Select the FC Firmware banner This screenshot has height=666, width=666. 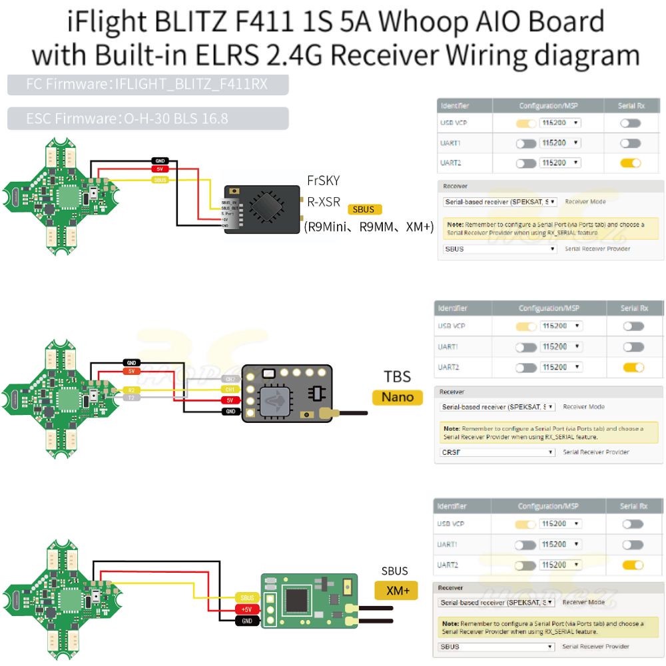point(148,85)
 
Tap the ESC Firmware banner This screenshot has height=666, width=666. point(148,119)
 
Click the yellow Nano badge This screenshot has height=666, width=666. point(397,398)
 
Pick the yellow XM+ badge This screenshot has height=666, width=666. point(397,590)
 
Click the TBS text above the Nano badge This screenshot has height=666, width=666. point(397,376)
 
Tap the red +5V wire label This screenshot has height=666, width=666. point(246,609)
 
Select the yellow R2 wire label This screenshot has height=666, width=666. point(132,389)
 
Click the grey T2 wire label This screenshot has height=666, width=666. point(132,397)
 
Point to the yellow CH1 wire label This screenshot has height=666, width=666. point(229,389)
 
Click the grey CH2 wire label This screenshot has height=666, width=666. point(229,378)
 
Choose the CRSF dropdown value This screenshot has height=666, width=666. point(497,452)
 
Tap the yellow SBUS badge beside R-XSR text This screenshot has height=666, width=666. point(364,210)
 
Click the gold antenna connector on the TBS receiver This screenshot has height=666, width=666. point(326,414)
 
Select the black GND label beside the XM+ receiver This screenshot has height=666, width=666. point(246,621)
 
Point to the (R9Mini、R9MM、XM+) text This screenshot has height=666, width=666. point(369,227)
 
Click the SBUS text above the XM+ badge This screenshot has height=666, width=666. point(394,571)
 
